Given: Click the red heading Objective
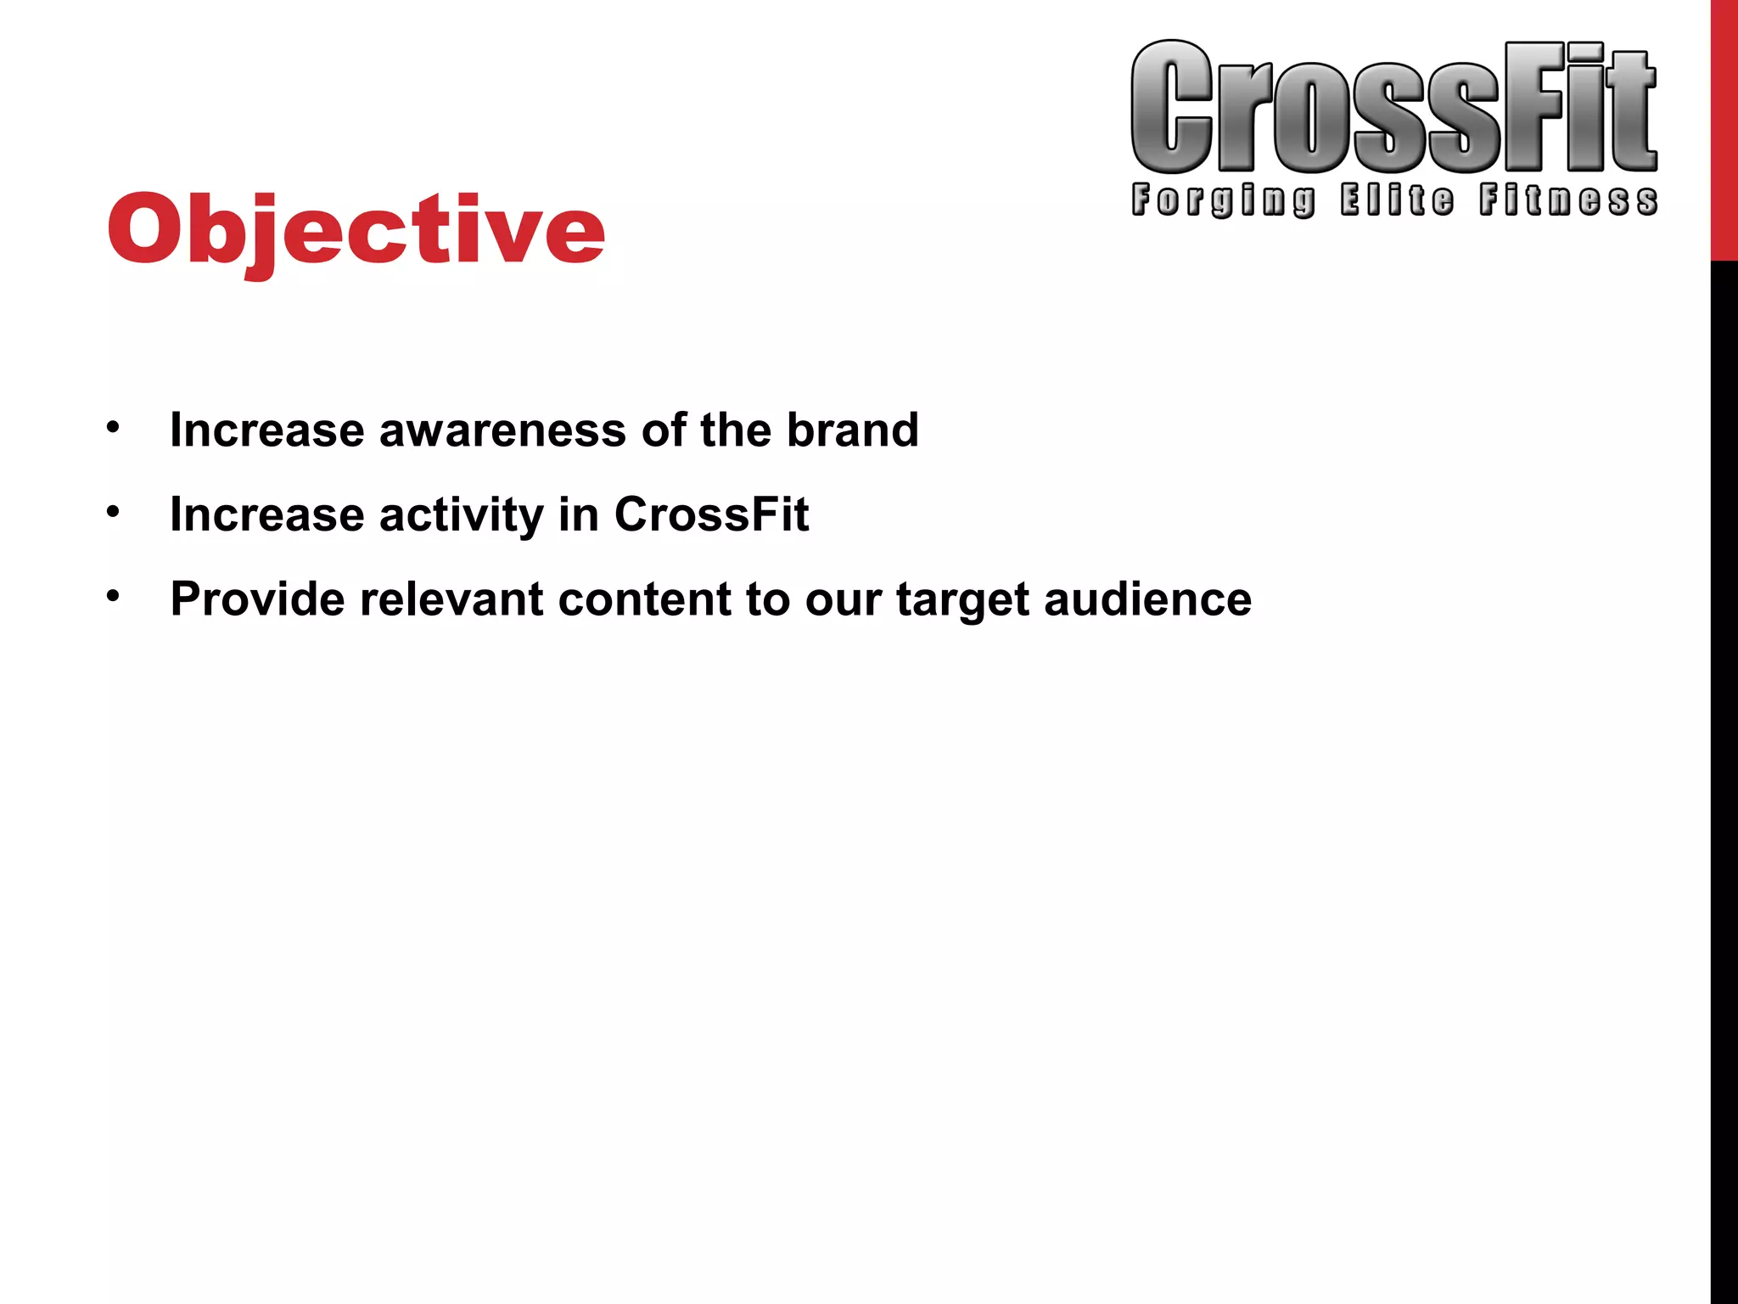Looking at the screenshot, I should [x=356, y=229].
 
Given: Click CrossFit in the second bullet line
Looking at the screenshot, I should [x=711, y=514].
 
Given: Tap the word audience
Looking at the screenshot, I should [x=1147, y=599].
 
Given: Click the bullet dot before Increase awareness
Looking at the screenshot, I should [x=113, y=427].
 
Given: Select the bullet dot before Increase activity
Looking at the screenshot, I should [x=113, y=512].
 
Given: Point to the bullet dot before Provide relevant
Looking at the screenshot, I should [x=113, y=597].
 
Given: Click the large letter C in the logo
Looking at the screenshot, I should [x=1172, y=108].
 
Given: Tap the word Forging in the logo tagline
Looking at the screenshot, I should [x=1223, y=200].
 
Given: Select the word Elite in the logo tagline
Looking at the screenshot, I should [x=1397, y=200].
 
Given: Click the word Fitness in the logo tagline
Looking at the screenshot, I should [x=1568, y=200].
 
